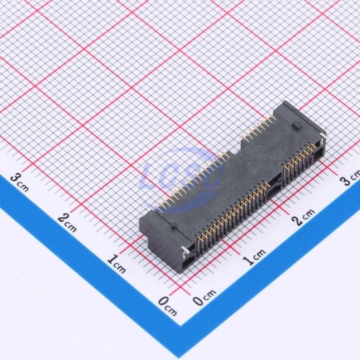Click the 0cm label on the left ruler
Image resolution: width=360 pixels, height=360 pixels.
(x=168, y=306)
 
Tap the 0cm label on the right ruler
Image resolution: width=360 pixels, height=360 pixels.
(x=204, y=297)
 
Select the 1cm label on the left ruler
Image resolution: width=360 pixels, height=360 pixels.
(x=117, y=264)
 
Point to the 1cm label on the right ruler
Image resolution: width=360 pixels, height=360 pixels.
(x=255, y=257)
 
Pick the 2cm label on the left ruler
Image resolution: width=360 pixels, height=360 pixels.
(x=67, y=223)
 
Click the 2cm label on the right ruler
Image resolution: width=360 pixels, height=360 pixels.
(x=303, y=217)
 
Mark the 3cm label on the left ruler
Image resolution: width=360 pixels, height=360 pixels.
(x=20, y=183)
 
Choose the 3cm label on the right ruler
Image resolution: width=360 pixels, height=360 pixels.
(x=351, y=177)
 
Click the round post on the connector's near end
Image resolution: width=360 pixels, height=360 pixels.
(x=174, y=225)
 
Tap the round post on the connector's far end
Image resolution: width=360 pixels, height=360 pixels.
(x=295, y=126)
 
